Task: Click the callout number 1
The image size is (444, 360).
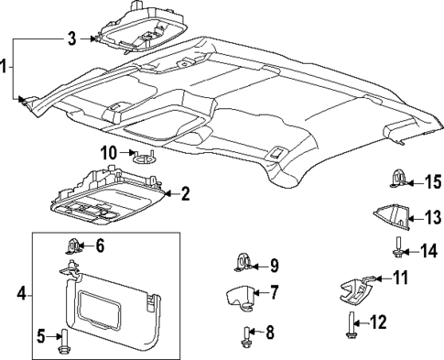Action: (5, 68)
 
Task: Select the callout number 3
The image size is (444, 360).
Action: (71, 38)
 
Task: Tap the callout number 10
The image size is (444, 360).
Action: (108, 151)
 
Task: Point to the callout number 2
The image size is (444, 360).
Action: (185, 193)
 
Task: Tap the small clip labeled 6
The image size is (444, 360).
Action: (75, 245)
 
